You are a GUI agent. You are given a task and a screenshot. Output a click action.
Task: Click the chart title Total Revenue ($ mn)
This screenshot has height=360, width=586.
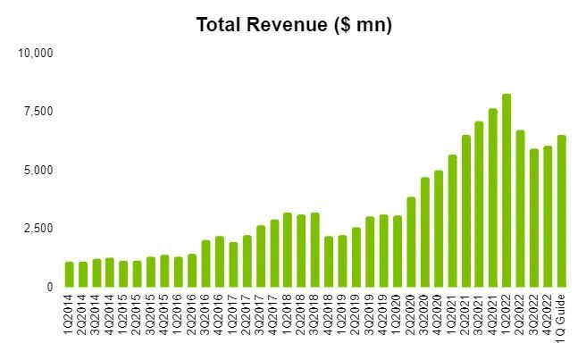point(294,25)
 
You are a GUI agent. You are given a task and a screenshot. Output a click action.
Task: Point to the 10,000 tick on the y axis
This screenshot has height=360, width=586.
point(37,53)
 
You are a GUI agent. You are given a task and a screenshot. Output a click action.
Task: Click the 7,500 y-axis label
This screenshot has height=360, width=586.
point(38,112)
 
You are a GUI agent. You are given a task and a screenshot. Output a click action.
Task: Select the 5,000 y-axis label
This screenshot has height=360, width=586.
point(38,170)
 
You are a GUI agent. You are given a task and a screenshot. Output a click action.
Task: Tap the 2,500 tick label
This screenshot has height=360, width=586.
point(38,229)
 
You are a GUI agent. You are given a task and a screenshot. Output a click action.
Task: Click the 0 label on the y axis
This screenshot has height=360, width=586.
point(50,288)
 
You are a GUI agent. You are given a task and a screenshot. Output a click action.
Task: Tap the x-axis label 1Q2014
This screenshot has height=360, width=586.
point(69,317)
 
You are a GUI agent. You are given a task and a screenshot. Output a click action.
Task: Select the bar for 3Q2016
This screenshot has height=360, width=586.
point(205,264)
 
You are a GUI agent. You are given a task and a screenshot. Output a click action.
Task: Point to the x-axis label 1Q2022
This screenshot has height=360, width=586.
point(506,317)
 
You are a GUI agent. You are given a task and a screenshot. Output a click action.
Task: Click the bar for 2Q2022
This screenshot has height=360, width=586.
point(521,209)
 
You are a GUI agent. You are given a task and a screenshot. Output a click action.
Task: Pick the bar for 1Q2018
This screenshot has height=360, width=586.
point(288,250)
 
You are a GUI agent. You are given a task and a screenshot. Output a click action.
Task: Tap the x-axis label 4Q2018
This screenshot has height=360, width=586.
point(329,317)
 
